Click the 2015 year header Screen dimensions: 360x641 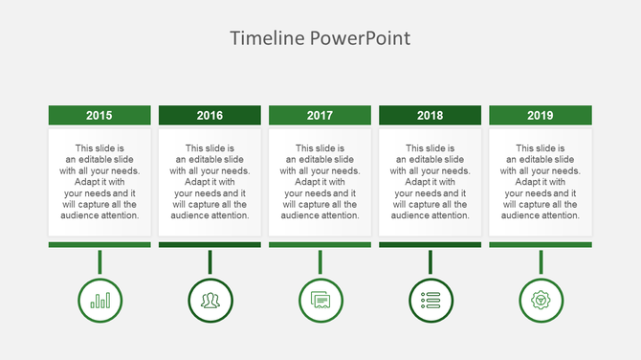(x=99, y=115)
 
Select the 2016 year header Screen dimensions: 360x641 (x=210, y=115)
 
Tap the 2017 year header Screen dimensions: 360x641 (x=320, y=115)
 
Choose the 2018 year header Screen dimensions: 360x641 (x=431, y=115)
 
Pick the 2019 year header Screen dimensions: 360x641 (x=541, y=115)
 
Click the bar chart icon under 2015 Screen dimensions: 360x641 (x=99, y=300)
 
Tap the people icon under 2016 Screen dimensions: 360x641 (x=210, y=300)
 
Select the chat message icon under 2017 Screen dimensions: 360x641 (x=320, y=300)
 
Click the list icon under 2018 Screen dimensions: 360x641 (x=431, y=300)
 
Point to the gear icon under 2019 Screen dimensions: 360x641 (x=541, y=300)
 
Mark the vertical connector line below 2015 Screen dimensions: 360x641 (x=99, y=261)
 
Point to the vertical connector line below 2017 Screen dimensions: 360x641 (x=320, y=261)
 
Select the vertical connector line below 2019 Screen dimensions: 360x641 (x=541, y=261)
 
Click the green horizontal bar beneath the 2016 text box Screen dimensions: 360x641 (x=210, y=245)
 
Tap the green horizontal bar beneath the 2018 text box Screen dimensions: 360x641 (x=431, y=245)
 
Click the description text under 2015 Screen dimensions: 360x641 (x=99, y=182)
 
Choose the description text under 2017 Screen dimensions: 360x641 (x=320, y=182)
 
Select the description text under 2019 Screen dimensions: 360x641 (x=541, y=182)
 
